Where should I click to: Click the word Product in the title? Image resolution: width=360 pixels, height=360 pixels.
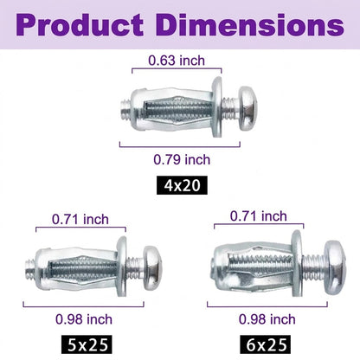point(80,25)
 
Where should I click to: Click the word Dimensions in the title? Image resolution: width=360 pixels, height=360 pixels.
point(250,25)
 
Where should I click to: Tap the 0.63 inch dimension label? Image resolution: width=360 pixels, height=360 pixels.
point(177,61)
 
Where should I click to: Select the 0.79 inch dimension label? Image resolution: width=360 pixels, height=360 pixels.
point(182,159)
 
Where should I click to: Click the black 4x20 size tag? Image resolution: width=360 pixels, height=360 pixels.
point(182,185)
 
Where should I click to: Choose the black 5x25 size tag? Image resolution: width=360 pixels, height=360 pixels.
point(87,344)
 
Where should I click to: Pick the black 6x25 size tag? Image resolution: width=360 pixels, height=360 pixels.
point(265,344)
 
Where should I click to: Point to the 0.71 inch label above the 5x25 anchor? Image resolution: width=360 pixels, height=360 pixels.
point(80,220)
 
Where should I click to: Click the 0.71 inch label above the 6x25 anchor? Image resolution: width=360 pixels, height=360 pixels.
point(259,216)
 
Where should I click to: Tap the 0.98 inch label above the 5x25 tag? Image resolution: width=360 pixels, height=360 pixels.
point(84,319)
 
